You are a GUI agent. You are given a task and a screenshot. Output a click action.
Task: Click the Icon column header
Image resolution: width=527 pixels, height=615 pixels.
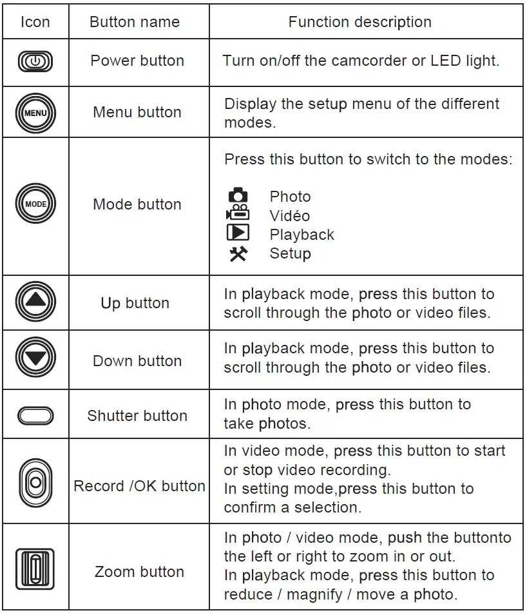[x=35, y=22]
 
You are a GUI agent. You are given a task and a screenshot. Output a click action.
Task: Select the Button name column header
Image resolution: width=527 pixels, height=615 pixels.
[x=135, y=22]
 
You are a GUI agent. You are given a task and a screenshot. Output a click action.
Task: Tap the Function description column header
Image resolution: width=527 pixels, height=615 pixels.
[x=359, y=22]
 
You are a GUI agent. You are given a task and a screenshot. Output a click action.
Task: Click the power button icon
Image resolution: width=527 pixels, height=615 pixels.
[x=35, y=62]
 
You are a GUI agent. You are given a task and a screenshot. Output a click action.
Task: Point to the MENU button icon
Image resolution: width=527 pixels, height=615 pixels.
[x=35, y=112]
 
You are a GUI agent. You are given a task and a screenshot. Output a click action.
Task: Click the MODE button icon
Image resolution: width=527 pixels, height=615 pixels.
[x=35, y=204]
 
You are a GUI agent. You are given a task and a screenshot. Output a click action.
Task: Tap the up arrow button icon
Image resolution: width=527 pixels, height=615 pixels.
[x=35, y=302]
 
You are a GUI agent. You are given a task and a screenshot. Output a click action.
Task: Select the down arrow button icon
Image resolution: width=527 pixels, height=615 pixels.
[x=35, y=358]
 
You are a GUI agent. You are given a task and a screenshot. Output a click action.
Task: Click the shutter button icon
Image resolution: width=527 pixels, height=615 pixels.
[x=35, y=416]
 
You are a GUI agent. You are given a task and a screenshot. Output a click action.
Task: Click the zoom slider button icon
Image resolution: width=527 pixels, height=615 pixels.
[x=35, y=567]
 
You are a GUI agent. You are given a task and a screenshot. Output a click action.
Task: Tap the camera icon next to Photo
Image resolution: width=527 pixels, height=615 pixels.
[x=238, y=195]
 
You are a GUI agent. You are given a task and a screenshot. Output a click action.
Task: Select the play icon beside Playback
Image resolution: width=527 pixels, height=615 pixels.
[x=238, y=233]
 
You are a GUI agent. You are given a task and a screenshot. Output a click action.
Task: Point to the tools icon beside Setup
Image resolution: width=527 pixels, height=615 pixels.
[x=238, y=254]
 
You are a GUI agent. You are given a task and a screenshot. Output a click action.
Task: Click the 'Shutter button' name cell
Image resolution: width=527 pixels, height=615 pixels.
[x=137, y=416]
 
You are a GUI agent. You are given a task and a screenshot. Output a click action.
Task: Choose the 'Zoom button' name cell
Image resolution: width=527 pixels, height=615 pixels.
[x=139, y=572]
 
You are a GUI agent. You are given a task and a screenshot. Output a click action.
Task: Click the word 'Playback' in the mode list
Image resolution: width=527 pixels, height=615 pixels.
[x=302, y=235]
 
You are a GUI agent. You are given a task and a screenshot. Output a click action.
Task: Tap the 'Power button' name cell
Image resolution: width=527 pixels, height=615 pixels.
[x=137, y=61]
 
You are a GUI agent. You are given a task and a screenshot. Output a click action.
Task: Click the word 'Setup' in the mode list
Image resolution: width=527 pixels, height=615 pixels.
[x=290, y=253]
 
